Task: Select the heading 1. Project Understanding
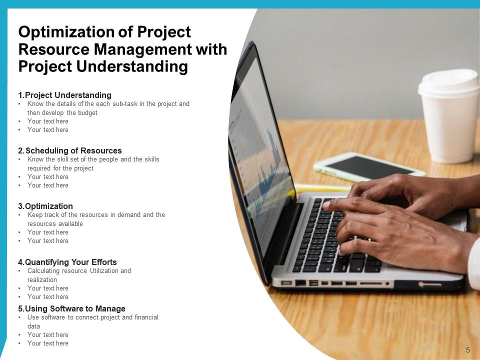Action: [64, 95]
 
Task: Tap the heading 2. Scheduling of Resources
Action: [70, 150]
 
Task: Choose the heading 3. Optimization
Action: [45, 206]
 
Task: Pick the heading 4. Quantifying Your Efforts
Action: [67, 262]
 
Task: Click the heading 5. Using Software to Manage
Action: [71, 308]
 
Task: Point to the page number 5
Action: [468, 349]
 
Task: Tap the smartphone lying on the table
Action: [369, 167]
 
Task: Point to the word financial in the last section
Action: [146, 317]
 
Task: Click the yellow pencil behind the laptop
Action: [323, 187]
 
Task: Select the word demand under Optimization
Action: [128, 214]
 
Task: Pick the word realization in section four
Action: [42, 280]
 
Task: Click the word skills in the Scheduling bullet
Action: [151, 159]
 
